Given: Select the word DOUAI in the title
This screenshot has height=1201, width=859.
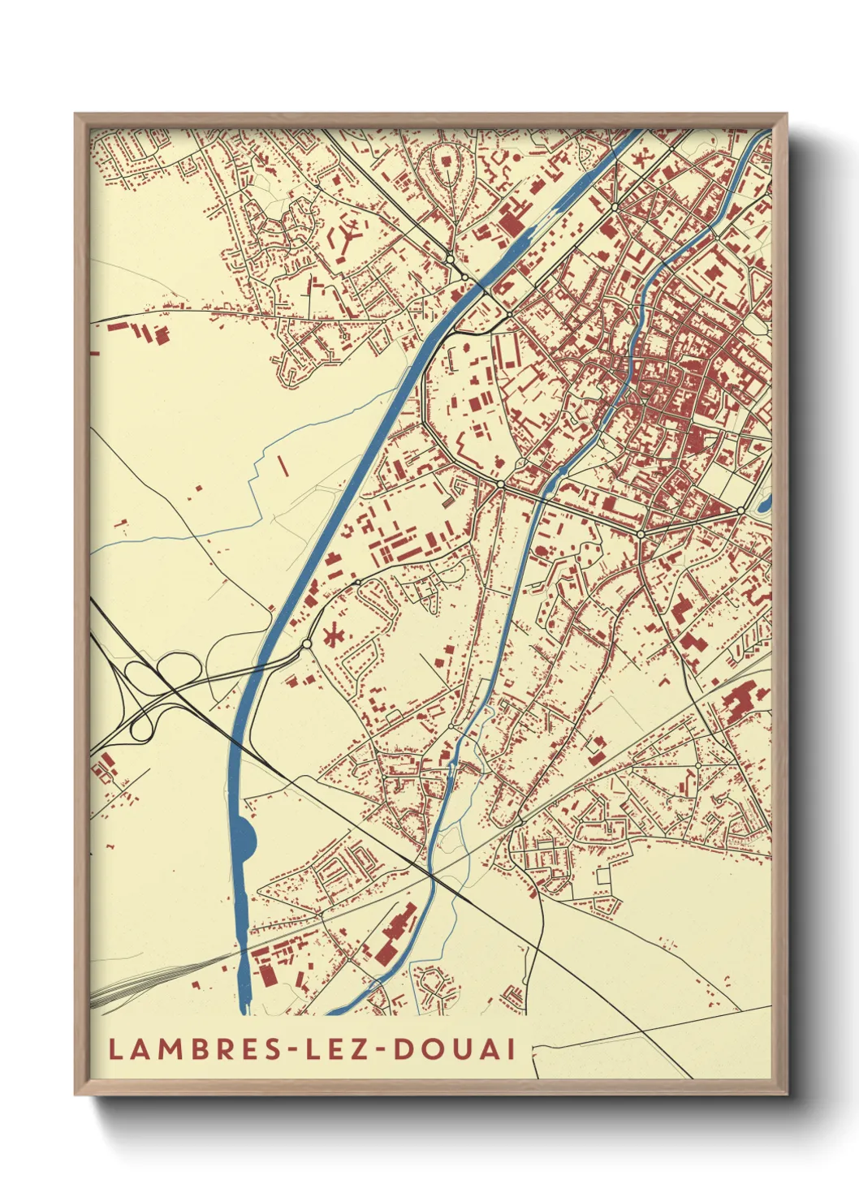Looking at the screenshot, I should pos(455,1048).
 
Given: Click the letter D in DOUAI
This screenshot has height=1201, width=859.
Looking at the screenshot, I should pos(403,1048).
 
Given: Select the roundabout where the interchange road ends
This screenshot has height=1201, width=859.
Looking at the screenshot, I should pos(307,644).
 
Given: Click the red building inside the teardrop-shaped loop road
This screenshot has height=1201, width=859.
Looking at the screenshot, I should pos(447,161).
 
